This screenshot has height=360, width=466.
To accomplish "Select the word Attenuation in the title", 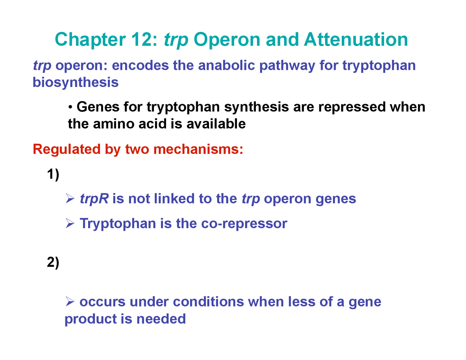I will point(356,40).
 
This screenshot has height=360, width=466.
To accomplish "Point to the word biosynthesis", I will point(76,82).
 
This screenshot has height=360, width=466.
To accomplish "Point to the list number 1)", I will point(53,175).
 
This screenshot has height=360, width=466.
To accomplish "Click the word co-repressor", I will point(244,223).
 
